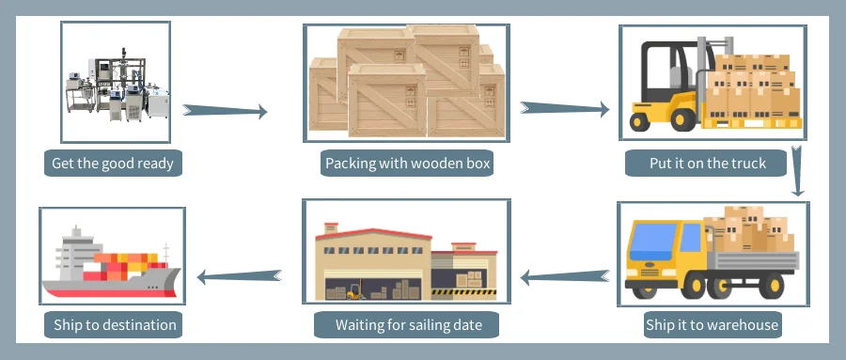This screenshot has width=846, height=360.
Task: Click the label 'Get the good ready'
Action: pyautogui.click(x=113, y=163)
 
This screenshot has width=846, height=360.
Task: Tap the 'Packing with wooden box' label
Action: pyautogui.click(x=407, y=163)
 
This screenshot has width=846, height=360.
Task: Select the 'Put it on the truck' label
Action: pyautogui.click(x=707, y=163)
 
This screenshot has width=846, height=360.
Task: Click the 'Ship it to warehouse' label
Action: pyautogui.click(x=713, y=325)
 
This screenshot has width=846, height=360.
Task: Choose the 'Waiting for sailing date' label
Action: pyautogui.click(x=408, y=325)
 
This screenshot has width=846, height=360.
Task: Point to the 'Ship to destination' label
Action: pyautogui.click(x=115, y=325)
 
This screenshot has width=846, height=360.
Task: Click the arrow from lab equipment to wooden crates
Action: pyautogui.click(x=225, y=111)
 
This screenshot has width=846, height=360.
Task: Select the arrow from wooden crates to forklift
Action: pyautogui.click(x=564, y=108)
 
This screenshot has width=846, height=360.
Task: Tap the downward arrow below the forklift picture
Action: pyautogui.click(x=797, y=170)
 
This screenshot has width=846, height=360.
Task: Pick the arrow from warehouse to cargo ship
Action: pyautogui.click(x=239, y=277)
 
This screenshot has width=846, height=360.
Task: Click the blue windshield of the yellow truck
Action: pyautogui.click(x=652, y=242)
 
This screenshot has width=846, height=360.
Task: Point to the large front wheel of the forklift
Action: pyautogui.click(x=683, y=119)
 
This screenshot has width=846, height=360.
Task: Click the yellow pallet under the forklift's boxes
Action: pyautogui.click(x=752, y=123)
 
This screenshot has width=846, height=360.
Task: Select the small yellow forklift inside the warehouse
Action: pyautogui.click(x=355, y=291)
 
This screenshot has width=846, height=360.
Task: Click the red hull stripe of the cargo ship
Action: pyautogui.click(x=110, y=293)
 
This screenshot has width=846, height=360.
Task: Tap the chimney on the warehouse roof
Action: pyautogui.click(x=331, y=227)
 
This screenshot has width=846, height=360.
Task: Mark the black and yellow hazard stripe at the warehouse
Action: pyautogui.click(x=463, y=292)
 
